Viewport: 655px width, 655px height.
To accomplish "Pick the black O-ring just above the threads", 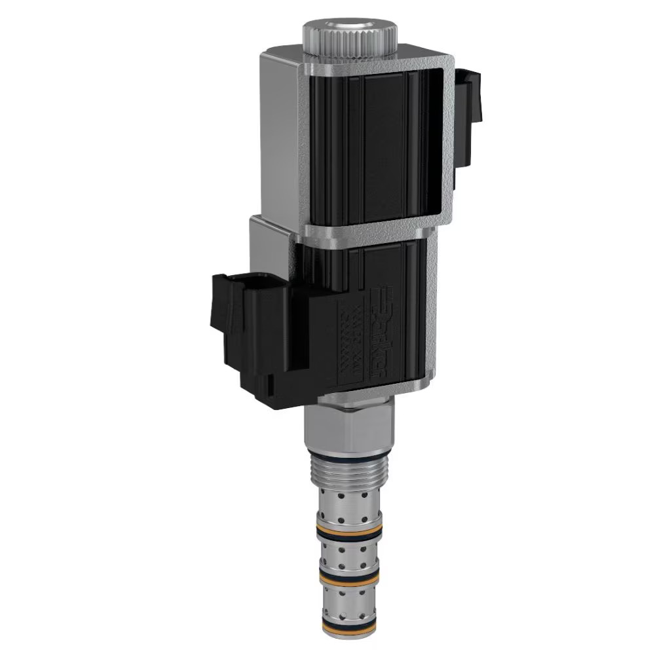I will pos(350,456).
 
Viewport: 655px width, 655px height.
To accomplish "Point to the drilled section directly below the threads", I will pos(348,508).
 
